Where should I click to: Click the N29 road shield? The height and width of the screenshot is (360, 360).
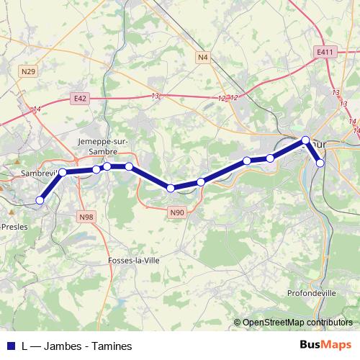click(x=29, y=71)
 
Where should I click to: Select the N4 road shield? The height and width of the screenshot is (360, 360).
click(x=202, y=56)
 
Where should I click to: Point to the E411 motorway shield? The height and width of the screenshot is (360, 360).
click(x=325, y=53)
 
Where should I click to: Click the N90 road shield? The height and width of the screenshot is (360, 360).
click(x=177, y=212)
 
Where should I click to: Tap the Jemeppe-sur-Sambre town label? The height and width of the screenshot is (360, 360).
click(x=103, y=146)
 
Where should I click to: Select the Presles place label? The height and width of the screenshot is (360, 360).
click(x=14, y=225)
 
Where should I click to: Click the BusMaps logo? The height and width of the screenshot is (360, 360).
click(x=325, y=346)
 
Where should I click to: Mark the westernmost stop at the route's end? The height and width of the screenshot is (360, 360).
click(x=40, y=200)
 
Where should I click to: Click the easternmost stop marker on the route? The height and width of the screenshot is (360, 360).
click(x=320, y=163)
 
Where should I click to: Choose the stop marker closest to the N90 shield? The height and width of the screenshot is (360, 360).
click(x=171, y=188)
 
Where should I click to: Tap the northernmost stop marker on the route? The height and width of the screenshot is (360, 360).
click(x=305, y=140)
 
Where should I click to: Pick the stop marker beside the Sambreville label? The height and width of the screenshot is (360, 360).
click(x=63, y=172)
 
